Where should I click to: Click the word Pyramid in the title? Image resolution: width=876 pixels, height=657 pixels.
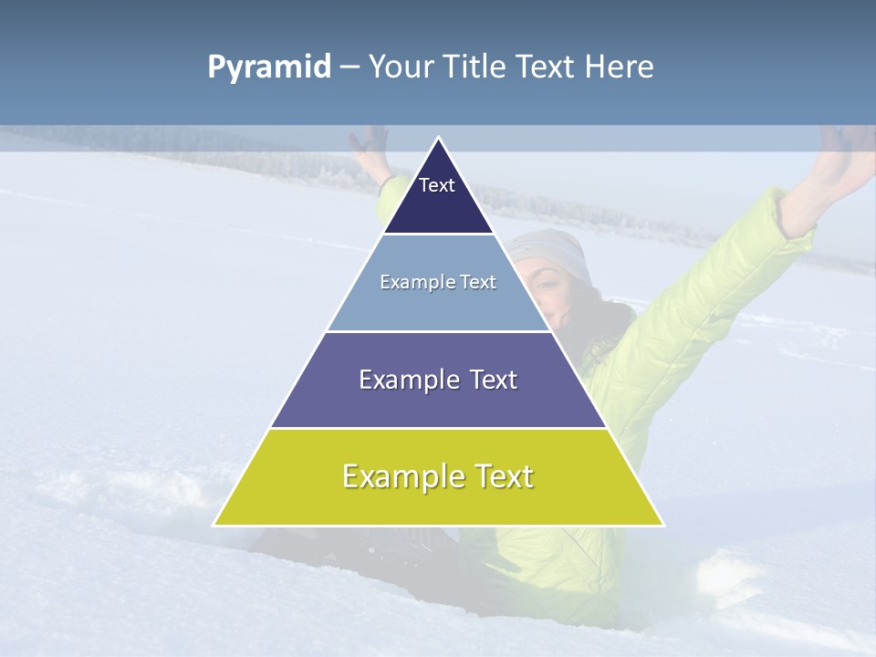click(269, 68)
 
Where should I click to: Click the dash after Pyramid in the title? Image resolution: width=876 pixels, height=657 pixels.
click(349, 68)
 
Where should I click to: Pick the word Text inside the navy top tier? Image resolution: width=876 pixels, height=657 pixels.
click(437, 185)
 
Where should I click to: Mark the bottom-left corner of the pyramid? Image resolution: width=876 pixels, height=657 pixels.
click(214, 526)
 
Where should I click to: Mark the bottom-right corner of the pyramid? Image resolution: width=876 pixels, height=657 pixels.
click(663, 526)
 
